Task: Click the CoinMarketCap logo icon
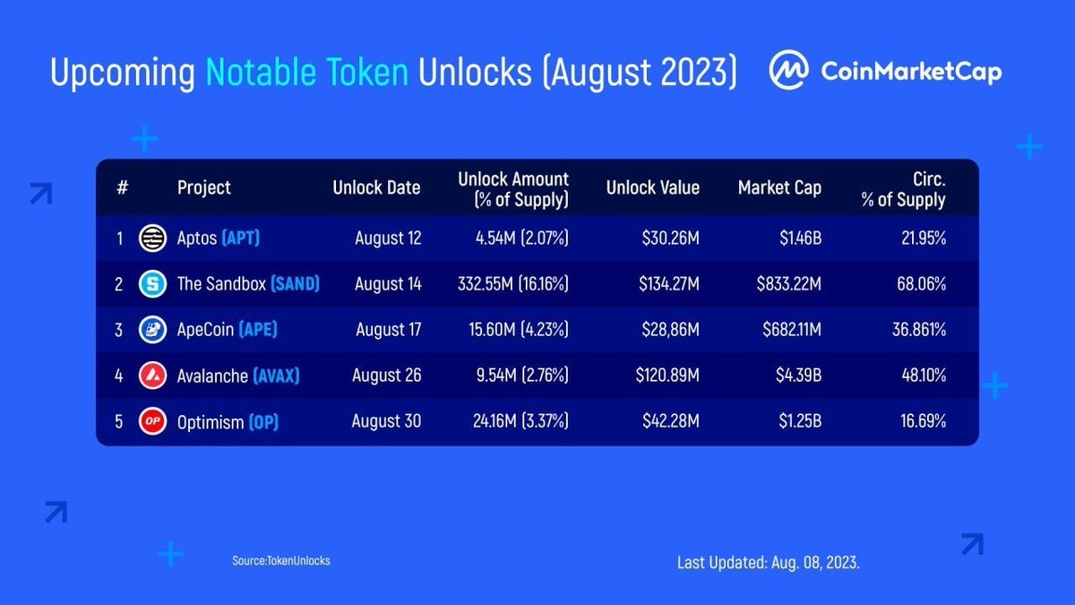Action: [x=789, y=71]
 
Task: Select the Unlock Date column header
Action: [x=376, y=187]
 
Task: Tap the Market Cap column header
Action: [x=779, y=187]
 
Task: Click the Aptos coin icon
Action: [x=152, y=238]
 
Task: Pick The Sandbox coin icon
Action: [x=152, y=284]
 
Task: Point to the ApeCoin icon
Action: [x=152, y=330]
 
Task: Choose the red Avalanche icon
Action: [x=152, y=376]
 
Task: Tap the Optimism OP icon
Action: [x=152, y=421]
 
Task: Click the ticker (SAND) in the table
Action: [x=295, y=284]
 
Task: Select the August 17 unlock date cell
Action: [x=388, y=330]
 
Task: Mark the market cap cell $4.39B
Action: [x=798, y=376]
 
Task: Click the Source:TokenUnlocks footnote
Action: [x=280, y=560]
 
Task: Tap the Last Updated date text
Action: [x=769, y=563]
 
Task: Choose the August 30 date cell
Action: [x=386, y=421]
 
